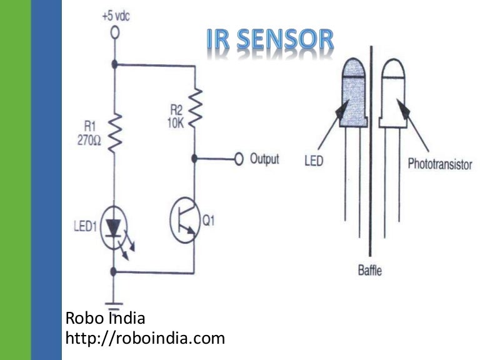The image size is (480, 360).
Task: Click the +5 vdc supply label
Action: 116,16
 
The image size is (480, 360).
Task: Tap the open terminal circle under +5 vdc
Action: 115,32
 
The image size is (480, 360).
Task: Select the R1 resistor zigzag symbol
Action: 116,133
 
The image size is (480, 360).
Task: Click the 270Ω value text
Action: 89,141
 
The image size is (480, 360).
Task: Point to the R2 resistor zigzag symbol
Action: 195,107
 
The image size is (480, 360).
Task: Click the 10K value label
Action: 176,123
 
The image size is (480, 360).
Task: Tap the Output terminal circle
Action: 239,159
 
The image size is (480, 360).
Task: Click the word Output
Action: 264,159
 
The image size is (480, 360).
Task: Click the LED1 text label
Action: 86,226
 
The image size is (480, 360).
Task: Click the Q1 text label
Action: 209,221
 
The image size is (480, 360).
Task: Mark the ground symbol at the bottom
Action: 114,306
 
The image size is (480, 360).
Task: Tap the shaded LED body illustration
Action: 354,92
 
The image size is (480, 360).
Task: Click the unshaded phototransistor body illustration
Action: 393,93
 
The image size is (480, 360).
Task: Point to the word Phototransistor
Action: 440,164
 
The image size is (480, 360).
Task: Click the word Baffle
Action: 370,270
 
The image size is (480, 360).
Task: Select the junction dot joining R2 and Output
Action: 194,159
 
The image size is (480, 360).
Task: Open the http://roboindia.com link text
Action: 145,339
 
